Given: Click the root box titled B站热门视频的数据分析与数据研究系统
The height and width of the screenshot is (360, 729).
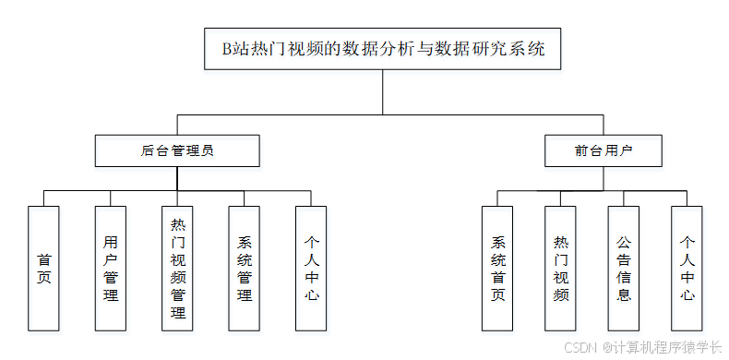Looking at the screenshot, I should (x=383, y=49).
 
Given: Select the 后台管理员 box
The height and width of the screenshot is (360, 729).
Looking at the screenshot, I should (x=177, y=150).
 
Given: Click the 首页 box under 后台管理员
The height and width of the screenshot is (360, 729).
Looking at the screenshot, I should (x=43, y=268).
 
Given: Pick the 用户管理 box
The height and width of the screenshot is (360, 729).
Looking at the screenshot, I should (x=111, y=268).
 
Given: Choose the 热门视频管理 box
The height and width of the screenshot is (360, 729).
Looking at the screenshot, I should (x=178, y=268).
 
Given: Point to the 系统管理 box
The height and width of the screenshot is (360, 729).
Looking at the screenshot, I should (x=245, y=268).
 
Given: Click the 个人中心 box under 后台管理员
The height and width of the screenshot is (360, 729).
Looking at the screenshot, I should (x=311, y=268).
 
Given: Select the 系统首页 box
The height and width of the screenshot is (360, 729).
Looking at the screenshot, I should (x=498, y=268).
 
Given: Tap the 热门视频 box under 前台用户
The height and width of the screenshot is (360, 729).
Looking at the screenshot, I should (x=561, y=268).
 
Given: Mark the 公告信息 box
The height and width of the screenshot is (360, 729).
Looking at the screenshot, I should (x=624, y=268).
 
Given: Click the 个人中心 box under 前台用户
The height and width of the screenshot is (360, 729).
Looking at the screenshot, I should (x=687, y=268).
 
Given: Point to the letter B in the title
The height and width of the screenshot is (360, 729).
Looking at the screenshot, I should (x=228, y=50).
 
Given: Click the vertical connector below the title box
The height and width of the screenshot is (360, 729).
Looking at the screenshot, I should (x=383, y=92).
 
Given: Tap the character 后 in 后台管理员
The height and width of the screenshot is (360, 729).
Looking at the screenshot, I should (x=148, y=150).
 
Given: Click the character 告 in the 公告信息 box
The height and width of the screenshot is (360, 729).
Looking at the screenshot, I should (x=624, y=258).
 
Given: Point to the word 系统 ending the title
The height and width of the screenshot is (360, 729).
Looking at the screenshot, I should (x=529, y=50).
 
